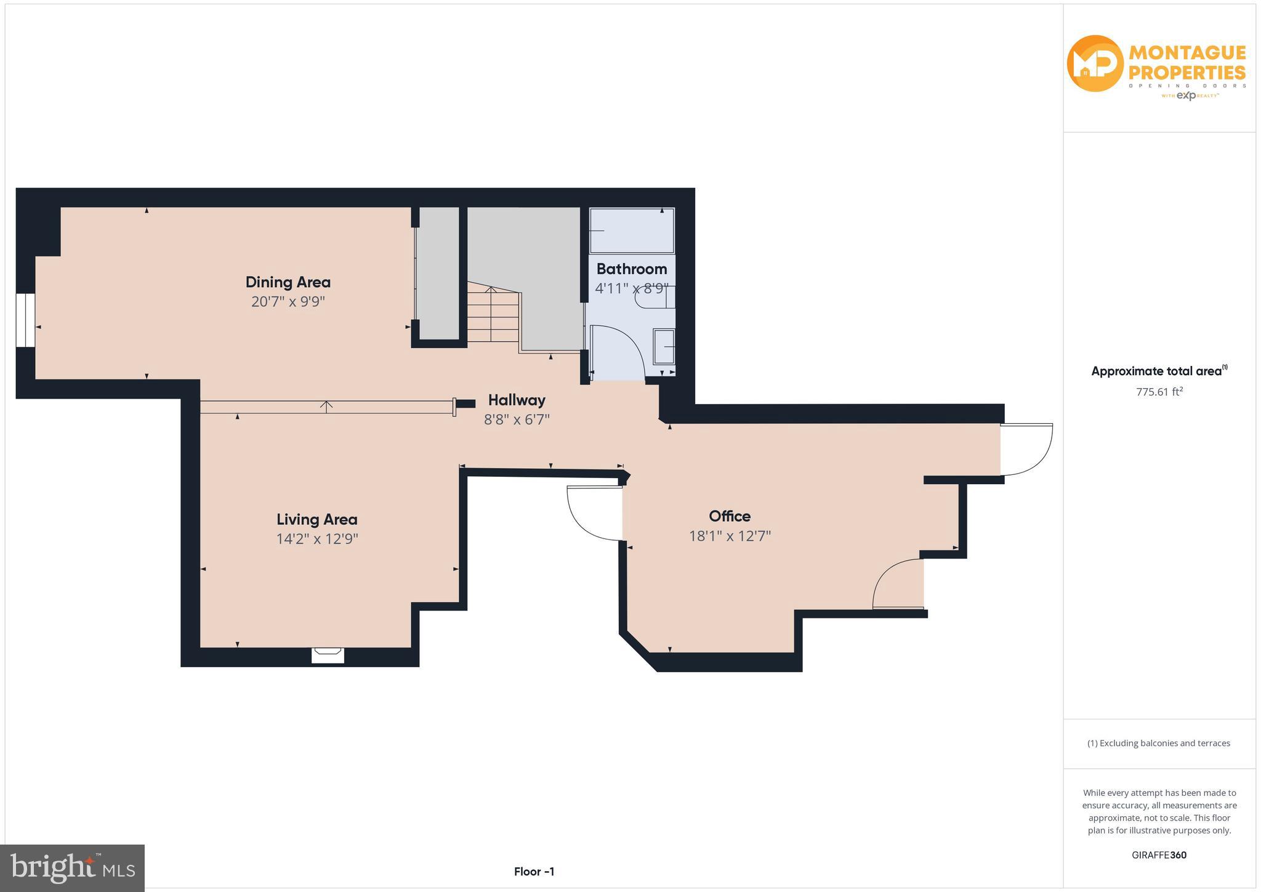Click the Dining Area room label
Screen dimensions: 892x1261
point(288,282)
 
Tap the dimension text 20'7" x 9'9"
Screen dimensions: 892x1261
point(288,302)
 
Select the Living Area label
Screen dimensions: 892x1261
point(316,519)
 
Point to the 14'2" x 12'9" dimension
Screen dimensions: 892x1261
point(316,539)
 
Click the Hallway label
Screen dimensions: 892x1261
point(517,400)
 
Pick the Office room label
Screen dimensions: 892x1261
point(730,516)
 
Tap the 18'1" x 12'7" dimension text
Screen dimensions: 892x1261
point(730,536)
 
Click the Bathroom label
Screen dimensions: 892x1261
point(631,269)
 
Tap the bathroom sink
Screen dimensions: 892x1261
point(664,347)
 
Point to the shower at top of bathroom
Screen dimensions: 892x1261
point(632,230)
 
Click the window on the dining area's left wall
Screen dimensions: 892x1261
point(25,320)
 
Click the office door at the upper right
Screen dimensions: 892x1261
point(1026,450)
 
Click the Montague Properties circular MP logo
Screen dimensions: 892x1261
point(1095,63)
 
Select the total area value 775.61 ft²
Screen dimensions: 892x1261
point(1159,392)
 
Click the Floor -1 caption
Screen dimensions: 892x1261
point(534,872)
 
